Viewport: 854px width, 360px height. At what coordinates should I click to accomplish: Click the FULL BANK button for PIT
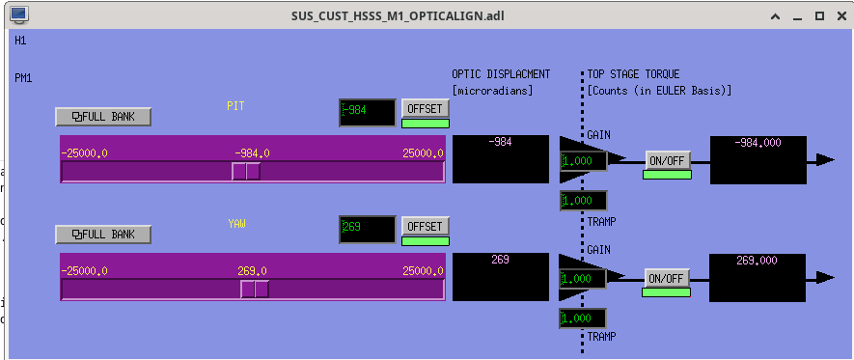103,117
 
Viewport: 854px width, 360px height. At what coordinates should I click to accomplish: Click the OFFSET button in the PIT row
426,108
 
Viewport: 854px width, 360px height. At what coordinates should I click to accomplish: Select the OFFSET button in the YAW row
426,226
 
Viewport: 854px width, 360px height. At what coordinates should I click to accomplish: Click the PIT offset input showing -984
368,112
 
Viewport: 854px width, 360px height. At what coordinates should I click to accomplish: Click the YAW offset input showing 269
368,230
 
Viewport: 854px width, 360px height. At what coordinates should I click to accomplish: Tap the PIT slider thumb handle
246,171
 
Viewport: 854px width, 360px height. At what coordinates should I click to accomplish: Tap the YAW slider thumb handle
255,289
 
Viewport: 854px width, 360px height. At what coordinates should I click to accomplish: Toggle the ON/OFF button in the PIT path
668,160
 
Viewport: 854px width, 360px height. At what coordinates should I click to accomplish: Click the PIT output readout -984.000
758,159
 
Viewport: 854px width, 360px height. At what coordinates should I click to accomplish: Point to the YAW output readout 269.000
758,278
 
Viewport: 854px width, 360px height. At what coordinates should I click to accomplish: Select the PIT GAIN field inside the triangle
583,161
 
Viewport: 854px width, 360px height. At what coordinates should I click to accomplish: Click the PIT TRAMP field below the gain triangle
583,201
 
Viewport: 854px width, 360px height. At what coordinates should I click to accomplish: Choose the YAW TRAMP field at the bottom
583,318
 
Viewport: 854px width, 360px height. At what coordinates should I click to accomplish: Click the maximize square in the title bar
819,16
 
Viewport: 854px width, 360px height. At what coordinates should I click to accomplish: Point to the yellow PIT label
235,106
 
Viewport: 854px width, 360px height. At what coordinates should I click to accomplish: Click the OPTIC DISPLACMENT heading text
501,74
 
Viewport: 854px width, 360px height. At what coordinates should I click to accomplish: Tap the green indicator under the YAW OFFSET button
426,241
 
